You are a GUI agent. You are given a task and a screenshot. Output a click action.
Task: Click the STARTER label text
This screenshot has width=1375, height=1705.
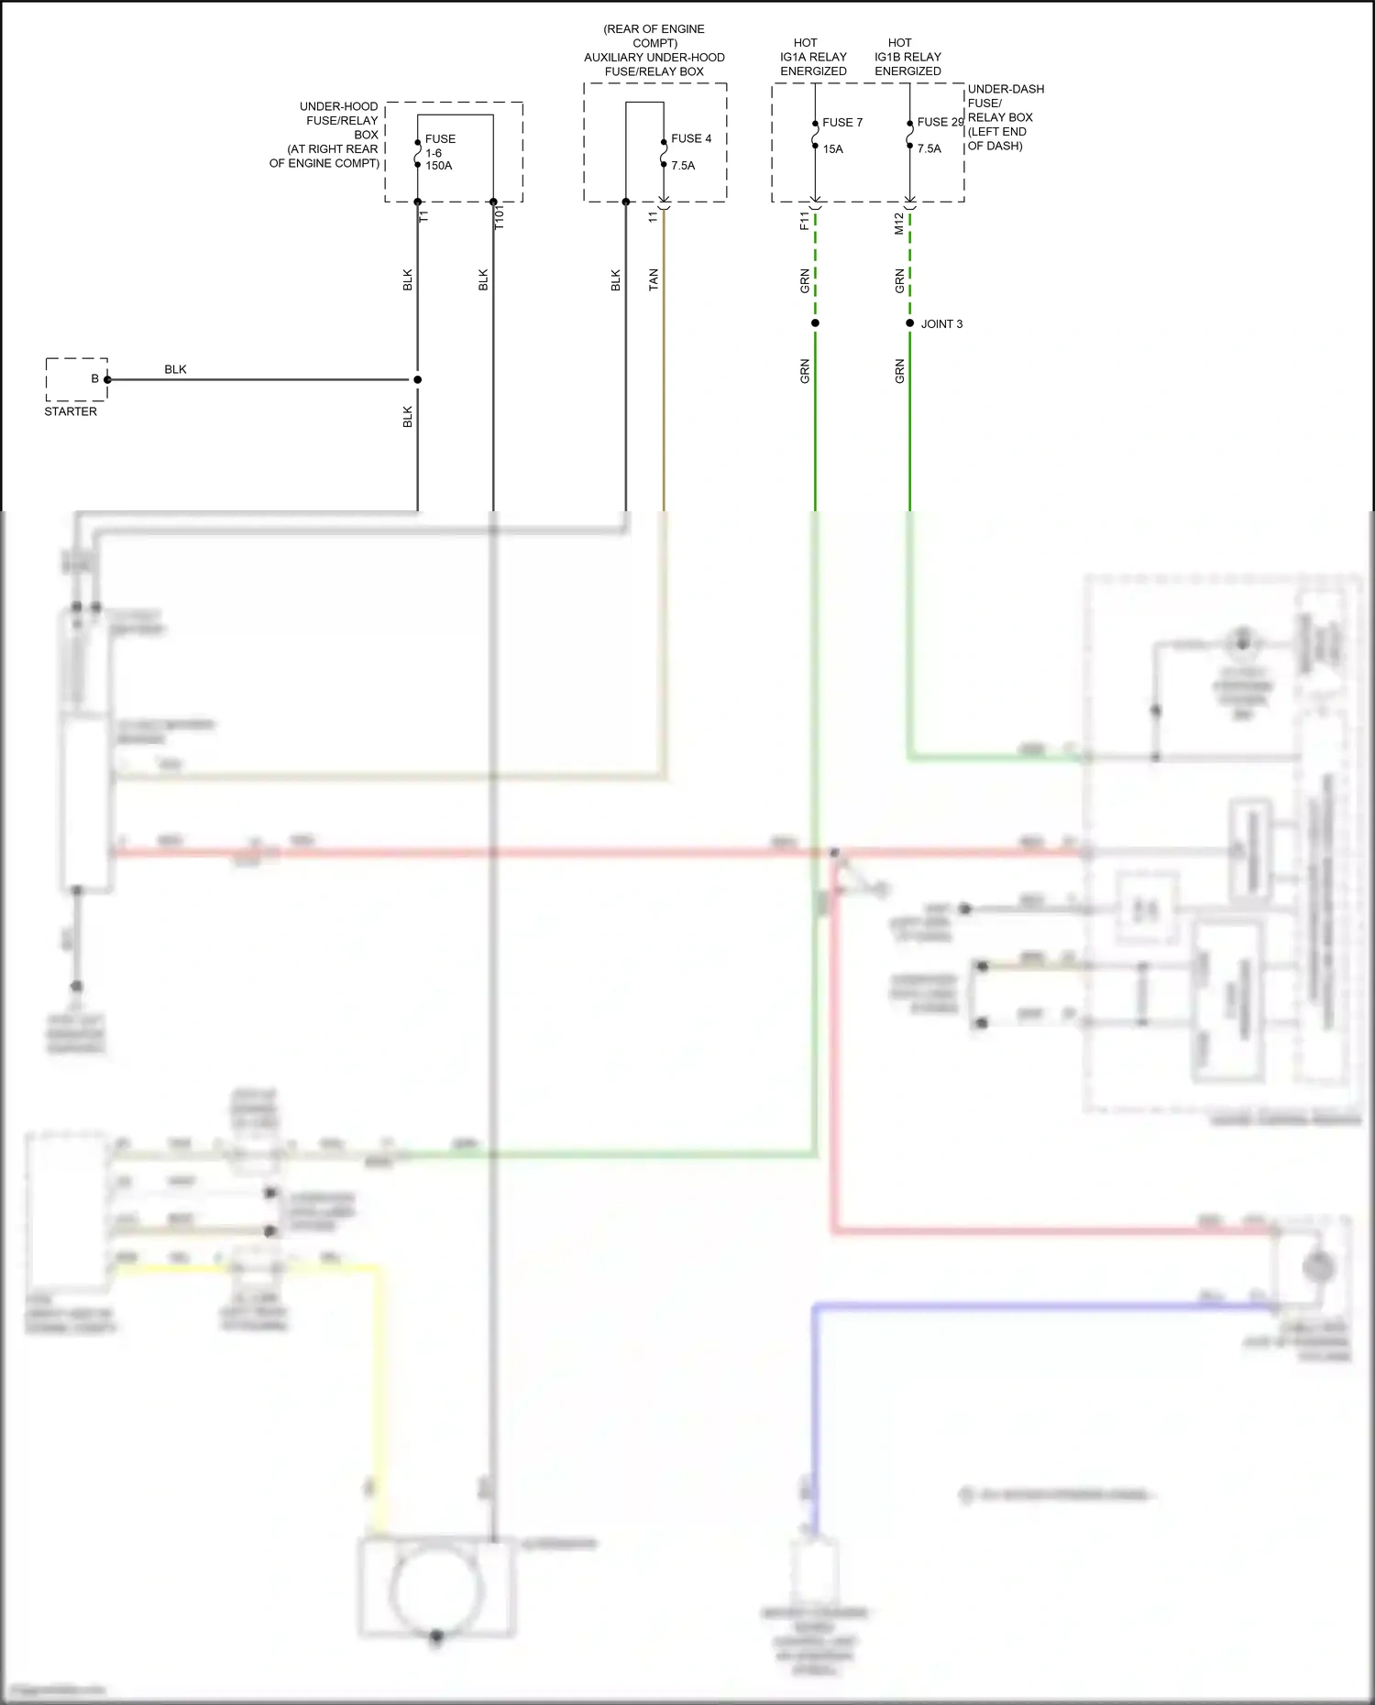click(71, 411)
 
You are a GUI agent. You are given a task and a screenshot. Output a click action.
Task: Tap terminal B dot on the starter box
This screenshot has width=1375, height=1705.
click(107, 379)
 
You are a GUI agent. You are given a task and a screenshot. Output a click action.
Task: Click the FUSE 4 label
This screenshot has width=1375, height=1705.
click(691, 138)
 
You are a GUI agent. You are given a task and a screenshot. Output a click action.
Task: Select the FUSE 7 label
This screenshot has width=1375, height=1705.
click(842, 122)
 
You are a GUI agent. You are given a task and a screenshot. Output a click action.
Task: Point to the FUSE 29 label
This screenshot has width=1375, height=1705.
click(940, 122)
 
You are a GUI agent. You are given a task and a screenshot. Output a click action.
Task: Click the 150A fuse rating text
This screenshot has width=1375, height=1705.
click(438, 166)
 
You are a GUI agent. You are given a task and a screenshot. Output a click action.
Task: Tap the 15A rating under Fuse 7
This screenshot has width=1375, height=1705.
click(832, 148)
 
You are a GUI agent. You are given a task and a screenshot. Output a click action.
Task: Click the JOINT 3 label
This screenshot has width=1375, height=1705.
click(941, 324)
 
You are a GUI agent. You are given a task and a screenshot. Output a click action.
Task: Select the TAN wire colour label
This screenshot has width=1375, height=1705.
click(654, 279)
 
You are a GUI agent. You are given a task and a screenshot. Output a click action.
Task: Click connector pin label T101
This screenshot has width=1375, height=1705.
click(500, 217)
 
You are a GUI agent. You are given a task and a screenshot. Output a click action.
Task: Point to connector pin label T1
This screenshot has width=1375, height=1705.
click(423, 216)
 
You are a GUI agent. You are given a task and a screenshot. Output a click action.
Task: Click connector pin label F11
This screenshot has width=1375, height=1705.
click(805, 221)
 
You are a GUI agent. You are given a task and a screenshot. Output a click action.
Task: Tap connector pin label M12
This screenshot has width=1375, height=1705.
click(899, 224)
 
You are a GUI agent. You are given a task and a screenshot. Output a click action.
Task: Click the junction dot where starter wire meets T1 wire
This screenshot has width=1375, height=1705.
click(417, 379)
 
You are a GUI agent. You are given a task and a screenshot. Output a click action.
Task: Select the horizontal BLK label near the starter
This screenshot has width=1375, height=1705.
click(175, 369)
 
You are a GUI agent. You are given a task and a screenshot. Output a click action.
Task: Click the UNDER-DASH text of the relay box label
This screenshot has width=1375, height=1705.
click(1006, 89)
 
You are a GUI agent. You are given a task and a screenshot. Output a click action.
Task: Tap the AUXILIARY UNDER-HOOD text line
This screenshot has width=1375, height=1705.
click(654, 58)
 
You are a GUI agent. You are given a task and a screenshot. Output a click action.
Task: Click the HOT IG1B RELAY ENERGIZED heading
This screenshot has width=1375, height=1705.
click(907, 57)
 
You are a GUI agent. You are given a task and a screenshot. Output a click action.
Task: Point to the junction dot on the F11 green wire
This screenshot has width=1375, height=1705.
click(815, 323)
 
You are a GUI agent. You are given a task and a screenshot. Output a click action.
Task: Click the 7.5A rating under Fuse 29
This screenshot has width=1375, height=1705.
click(929, 148)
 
